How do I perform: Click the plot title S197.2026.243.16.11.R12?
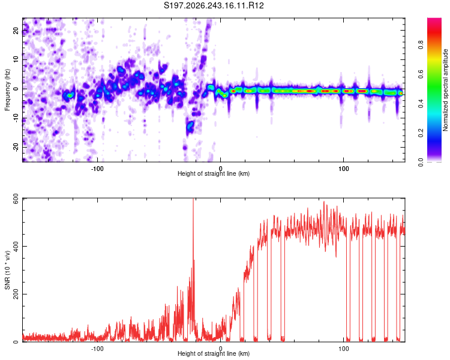[x=214, y=5]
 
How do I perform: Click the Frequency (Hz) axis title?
[x=7, y=90]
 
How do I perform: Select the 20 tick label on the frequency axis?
[x=16, y=31]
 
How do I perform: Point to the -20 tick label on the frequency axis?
[x=16, y=148]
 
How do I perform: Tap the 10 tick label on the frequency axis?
[x=16, y=59]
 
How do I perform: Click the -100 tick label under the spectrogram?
[x=97, y=169]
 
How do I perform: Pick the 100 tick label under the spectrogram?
[x=344, y=169]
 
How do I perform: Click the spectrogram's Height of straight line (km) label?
[x=214, y=173]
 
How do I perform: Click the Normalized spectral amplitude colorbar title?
[x=445, y=90]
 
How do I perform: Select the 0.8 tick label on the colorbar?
[x=421, y=45]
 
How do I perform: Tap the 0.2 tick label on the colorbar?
[x=421, y=133]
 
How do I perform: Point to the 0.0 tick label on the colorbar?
[x=421, y=162]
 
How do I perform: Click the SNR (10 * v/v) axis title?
[x=7, y=270]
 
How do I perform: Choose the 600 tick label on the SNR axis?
[x=16, y=199]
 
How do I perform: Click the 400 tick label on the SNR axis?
[x=16, y=247]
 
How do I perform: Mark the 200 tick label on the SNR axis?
[x=16, y=294]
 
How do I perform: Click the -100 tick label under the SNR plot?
[x=97, y=349]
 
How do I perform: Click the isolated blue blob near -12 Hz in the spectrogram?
[x=190, y=126]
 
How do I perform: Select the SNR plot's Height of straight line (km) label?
[x=214, y=353]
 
